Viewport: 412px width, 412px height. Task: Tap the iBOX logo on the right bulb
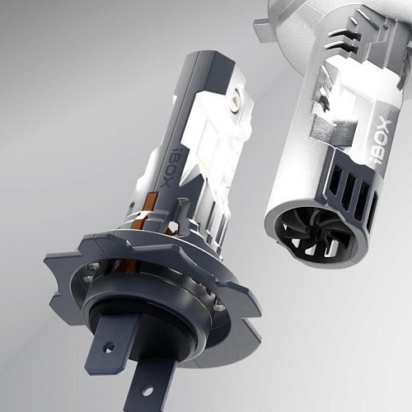tap(384, 142)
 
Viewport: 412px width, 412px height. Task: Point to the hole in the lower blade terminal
tap(148, 391)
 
